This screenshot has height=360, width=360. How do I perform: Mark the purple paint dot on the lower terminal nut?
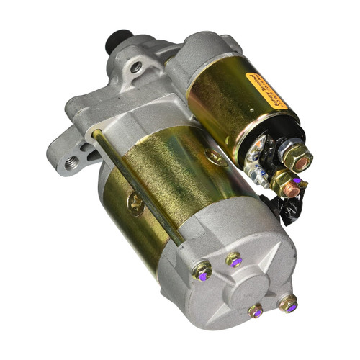296,181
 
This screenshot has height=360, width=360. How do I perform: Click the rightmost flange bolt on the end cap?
287,303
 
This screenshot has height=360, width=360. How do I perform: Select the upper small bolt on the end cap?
234,260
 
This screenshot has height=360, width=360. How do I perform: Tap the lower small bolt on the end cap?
256,311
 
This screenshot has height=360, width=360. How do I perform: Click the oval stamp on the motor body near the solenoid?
215,157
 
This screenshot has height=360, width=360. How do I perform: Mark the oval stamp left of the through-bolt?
135,204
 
